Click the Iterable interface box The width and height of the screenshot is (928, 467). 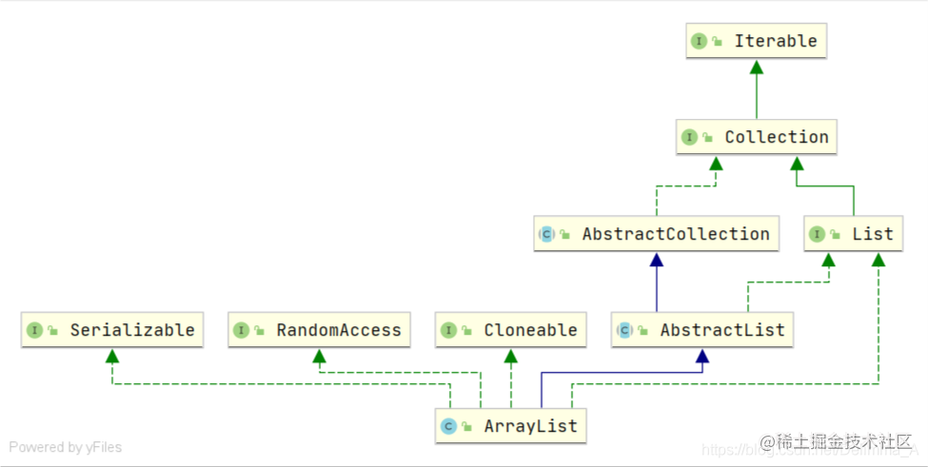click(756, 41)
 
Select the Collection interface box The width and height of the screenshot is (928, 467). click(757, 137)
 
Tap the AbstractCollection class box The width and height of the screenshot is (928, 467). click(655, 234)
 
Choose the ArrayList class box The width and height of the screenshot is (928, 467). click(511, 426)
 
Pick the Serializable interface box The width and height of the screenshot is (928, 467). click(112, 330)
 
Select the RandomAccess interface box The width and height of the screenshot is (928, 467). click(320, 330)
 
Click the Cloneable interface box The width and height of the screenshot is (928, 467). click(510, 330)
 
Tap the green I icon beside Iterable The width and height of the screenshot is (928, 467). click(699, 41)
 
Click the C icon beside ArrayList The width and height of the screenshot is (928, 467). click(448, 426)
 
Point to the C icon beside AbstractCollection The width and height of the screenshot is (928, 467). click(546, 234)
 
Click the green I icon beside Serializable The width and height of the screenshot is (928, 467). click(34, 330)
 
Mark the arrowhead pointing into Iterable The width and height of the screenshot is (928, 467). click(757, 67)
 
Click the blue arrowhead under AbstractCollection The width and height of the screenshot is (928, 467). click(656, 259)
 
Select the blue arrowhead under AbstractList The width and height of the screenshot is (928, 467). click(702, 356)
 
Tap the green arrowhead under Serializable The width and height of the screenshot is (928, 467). click(112, 356)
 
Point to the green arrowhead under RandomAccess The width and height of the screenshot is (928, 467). click(320, 356)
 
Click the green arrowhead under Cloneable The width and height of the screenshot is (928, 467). click(511, 356)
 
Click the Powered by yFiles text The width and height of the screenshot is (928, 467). click(66, 447)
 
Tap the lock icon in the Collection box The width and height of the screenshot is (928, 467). click(707, 138)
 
